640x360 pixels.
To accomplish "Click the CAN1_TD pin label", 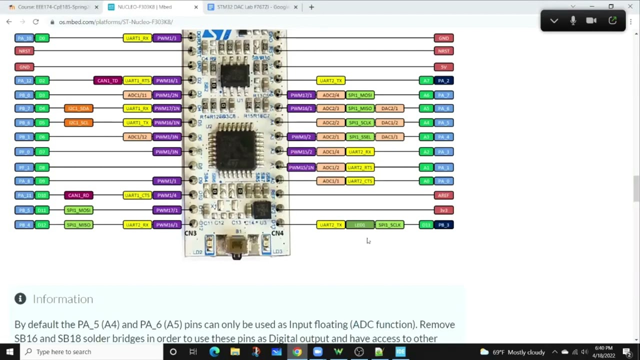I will pyautogui.click(x=107, y=80).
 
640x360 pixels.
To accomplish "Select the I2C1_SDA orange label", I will pyautogui.click(x=78, y=108).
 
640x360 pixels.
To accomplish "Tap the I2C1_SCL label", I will pyautogui.click(x=78, y=122).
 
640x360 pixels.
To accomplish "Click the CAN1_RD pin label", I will pyautogui.click(x=78, y=195).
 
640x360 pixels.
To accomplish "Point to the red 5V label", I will pyautogui.click(x=443, y=67).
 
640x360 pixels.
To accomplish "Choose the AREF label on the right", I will pyautogui.click(x=443, y=195).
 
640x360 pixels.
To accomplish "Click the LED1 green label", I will pyautogui.click(x=360, y=225).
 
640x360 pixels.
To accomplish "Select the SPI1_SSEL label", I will pyautogui.click(x=360, y=137).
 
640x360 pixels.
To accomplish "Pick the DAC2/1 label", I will pyautogui.click(x=389, y=108).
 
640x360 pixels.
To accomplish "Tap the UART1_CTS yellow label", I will pyautogui.click(x=137, y=195).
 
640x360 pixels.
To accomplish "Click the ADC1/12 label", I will pyautogui.click(x=137, y=137).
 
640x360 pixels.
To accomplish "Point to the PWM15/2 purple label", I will pyautogui.click(x=301, y=152).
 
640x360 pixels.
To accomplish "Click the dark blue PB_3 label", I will pyautogui.click(x=443, y=225).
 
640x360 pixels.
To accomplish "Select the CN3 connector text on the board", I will pyautogui.click(x=190, y=233).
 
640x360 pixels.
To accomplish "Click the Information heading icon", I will pyautogui.click(x=20, y=299).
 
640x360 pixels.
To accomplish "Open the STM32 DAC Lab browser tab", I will pyautogui.click(x=252, y=7).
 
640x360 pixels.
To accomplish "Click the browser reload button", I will pyautogui.click(x=35, y=22).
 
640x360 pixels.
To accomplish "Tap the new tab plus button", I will pyautogui.click(x=311, y=7).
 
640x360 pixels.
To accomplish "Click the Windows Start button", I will pyautogui.click(x=9, y=351).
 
